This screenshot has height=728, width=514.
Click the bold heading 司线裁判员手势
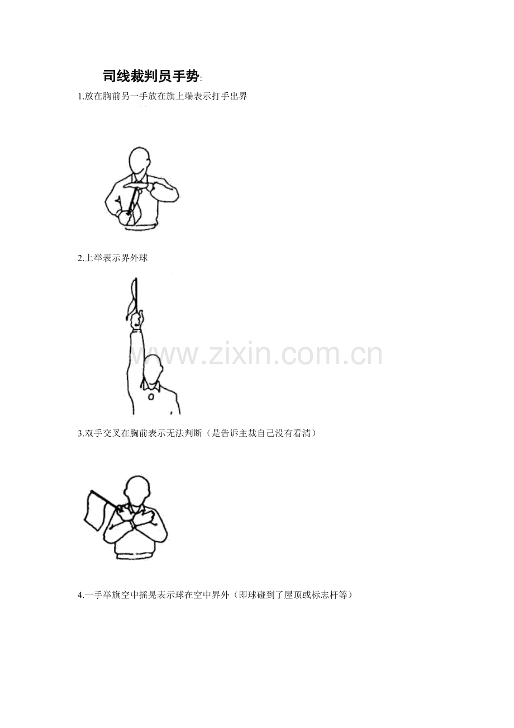pos(151,77)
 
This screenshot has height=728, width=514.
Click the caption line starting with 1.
pos(163,97)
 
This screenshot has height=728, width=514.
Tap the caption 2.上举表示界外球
pos(113,258)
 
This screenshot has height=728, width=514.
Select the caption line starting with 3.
pos(197,433)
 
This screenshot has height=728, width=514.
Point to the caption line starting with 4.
pos(215,595)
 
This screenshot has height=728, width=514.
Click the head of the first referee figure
pos(140,161)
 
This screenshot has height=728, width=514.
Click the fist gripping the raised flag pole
pos(137,321)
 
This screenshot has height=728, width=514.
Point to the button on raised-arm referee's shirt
pos(151,397)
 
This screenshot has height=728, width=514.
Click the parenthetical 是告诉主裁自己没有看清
pos(264,433)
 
